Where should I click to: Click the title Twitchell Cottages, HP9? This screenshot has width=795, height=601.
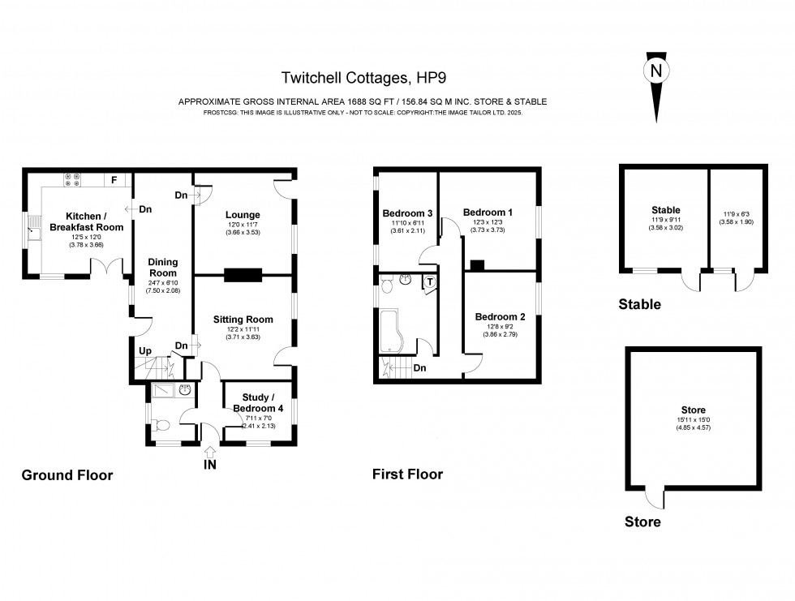click(x=363, y=78)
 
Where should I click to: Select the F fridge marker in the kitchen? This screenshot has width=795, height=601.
click(x=114, y=179)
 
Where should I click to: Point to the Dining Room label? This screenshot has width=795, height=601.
click(x=162, y=268)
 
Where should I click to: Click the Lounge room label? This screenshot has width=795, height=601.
click(x=243, y=215)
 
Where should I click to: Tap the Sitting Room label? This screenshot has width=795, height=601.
click(x=243, y=320)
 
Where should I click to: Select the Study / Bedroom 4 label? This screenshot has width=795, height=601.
click(x=258, y=403)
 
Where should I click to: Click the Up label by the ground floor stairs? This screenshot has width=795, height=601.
click(x=145, y=350)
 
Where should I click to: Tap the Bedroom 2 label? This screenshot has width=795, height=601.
click(x=500, y=316)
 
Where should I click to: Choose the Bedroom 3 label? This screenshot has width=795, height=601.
click(x=407, y=214)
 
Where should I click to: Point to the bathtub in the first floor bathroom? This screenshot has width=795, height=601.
click(x=393, y=328)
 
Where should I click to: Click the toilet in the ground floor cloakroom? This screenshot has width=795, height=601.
click(x=161, y=425)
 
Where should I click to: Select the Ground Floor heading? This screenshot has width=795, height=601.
click(x=67, y=475)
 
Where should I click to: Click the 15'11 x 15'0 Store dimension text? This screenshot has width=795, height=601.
click(x=693, y=419)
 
